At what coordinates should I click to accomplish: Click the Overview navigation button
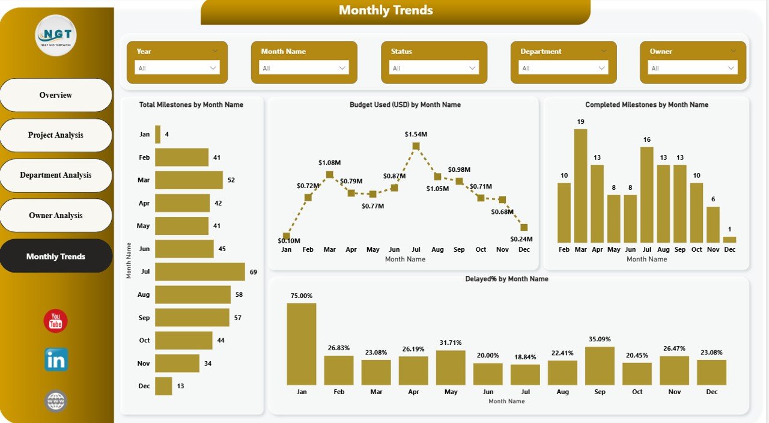(x=56, y=95)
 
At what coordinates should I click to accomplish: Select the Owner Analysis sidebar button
(x=56, y=215)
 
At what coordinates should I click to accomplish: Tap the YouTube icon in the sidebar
(x=55, y=321)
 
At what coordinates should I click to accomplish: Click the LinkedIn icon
(x=56, y=360)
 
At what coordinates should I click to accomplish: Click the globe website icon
(x=56, y=401)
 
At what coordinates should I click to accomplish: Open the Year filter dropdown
(x=177, y=68)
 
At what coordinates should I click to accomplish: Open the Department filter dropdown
(x=564, y=68)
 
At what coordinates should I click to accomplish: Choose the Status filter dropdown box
(x=434, y=68)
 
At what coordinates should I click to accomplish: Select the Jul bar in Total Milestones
(x=199, y=272)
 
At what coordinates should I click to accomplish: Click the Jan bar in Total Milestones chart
(x=157, y=134)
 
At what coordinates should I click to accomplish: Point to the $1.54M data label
(x=416, y=134)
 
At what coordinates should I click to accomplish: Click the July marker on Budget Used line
(x=416, y=146)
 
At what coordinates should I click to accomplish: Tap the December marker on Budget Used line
(x=524, y=227)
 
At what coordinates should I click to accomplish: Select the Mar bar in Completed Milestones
(x=580, y=185)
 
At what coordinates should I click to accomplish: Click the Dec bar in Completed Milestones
(x=729, y=239)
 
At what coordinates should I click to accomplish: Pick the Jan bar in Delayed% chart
(x=301, y=344)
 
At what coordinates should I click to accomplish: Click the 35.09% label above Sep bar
(x=599, y=339)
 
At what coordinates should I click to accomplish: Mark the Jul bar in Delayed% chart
(x=525, y=374)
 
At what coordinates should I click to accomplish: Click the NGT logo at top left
(x=55, y=35)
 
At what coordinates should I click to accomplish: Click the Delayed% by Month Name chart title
(x=506, y=279)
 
